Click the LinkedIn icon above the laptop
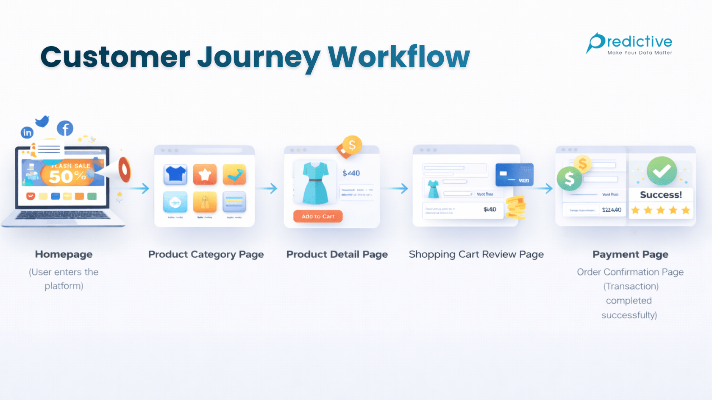pyautogui.click(x=27, y=132)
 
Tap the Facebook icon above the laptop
pyautogui.click(x=65, y=128)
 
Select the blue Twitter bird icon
pyautogui.click(x=42, y=121)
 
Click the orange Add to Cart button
pyautogui.click(x=318, y=216)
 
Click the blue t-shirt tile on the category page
pyautogui.click(x=175, y=174)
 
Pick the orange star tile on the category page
pyautogui.click(x=205, y=174)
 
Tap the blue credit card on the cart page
pyautogui.click(x=515, y=175)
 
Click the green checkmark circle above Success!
pyautogui.click(x=662, y=171)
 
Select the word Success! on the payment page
pyautogui.click(x=661, y=195)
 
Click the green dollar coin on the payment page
pyautogui.click(x=569, y=179)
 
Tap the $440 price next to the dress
pyautogui.click(x=351, y=173)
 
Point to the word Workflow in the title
pyautogui.click(x=399, y=57)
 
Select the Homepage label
pyautogui.click(x=64, y=254)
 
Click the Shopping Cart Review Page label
pyautogui.click(x=476, y=254)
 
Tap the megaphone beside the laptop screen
pyautogui.click(x=121, y=170)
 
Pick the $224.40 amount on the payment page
pyautogui.click(x=612, y=210)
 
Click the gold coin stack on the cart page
pyautogui.click(x=516, y=207)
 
